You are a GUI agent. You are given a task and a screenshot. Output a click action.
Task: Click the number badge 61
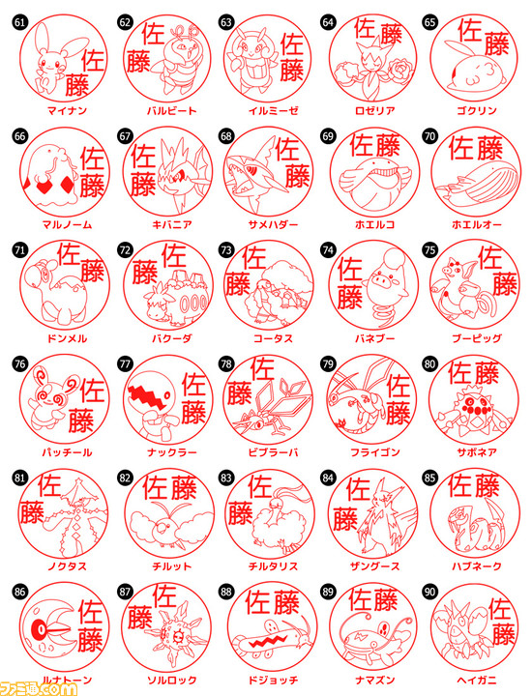coord(19,22)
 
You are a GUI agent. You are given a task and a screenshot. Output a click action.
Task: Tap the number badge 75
coord(429,250)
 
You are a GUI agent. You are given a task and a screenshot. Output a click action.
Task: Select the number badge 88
coord(226,592)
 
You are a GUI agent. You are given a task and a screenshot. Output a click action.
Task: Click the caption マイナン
coord(67,110)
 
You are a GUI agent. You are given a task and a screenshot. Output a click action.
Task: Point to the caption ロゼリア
coord(374,110)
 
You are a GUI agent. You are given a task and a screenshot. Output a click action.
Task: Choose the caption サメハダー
coord(273,224)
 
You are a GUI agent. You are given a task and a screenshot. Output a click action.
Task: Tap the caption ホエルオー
coord(477,224)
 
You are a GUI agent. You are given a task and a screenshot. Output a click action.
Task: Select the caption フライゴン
coord(374,452)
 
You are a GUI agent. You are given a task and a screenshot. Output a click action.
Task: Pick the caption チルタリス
coord(273,566)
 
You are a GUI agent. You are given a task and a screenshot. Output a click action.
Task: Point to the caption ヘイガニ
coord(477,680)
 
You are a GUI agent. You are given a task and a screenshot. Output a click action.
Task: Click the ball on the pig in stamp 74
coord(394,258)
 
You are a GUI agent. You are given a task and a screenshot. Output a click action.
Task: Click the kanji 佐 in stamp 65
coord(470,30)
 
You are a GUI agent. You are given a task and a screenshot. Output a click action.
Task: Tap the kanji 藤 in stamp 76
coord(80,420)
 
